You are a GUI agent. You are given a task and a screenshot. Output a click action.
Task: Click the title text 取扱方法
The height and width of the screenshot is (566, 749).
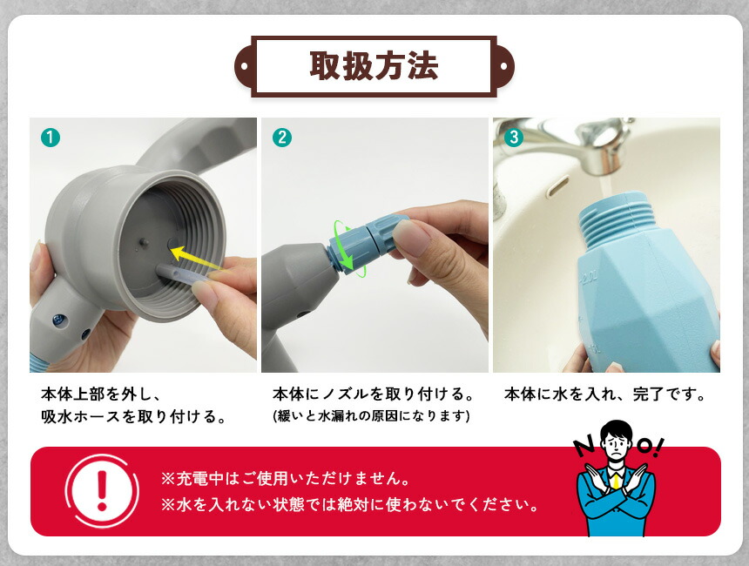pos(374,65)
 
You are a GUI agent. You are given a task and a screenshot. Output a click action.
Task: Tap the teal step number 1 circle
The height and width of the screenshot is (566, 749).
pos(51,138)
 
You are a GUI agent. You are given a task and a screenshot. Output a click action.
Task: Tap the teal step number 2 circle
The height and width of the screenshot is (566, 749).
pos(282,138)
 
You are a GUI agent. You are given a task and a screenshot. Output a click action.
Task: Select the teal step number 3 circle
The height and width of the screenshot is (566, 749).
pos(514,138)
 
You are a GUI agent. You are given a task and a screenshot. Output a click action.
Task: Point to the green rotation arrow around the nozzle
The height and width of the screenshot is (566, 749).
pos(349,249)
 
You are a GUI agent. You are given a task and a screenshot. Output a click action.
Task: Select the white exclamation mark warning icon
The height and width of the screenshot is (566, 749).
pos(102,491)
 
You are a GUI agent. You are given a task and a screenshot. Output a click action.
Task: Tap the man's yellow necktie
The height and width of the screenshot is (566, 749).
pos(617,479)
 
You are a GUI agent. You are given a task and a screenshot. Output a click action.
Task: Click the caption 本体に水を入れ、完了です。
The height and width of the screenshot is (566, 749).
pos(604,394)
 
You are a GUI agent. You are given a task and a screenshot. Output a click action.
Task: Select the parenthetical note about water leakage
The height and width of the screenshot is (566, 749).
pos(371,415)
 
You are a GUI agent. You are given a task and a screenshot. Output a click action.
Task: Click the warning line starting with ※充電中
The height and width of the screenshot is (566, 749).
pos(286,478)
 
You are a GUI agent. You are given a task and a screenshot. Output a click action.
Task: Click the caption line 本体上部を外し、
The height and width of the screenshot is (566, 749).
pos(101,394)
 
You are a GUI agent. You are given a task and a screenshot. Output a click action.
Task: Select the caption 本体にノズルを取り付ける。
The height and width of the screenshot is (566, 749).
pos(374,394)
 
